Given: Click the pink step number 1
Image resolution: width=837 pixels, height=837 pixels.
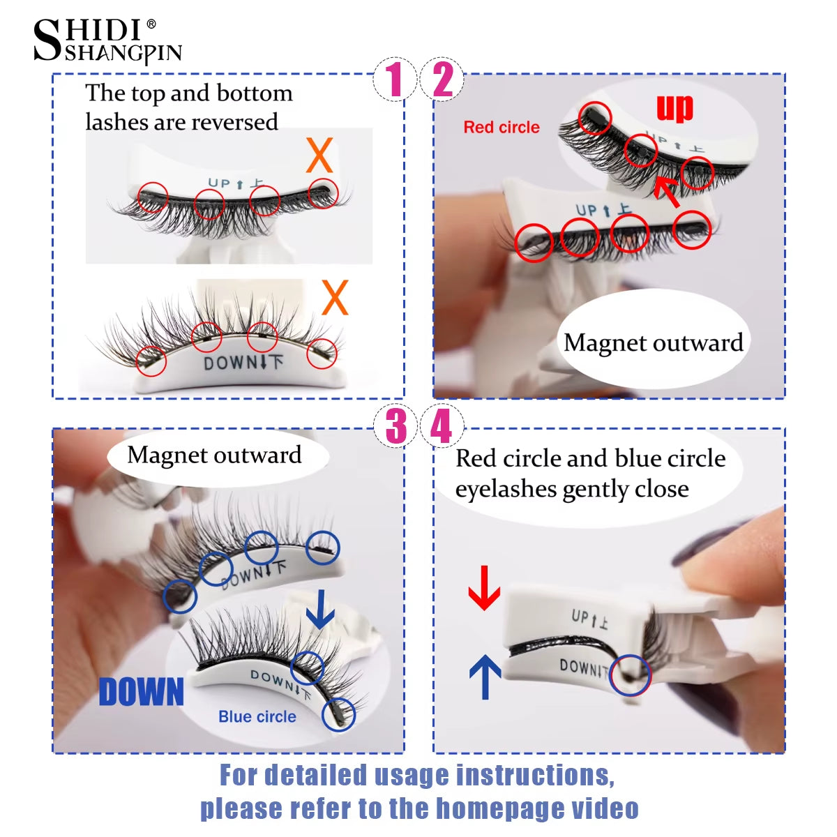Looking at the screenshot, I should point(395,79).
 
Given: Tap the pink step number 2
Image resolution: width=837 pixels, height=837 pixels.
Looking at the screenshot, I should point(443,79).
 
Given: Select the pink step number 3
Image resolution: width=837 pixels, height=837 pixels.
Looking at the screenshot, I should point(395,426).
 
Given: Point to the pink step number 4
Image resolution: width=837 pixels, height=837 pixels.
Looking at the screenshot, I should point(442,426).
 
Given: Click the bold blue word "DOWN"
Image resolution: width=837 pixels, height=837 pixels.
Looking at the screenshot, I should point(142,693).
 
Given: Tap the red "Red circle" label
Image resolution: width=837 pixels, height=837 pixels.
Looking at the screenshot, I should point(502,128).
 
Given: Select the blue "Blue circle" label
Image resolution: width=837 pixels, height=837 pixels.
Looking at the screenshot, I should point(257,717).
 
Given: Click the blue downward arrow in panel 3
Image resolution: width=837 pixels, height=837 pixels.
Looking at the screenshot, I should point(320,610).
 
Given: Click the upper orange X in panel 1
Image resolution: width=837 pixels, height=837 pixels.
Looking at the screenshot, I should point(320,156).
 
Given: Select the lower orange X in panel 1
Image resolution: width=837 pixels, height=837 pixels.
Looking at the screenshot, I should point(335,299).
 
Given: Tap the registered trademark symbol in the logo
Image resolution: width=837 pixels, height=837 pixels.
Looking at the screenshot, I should point(151,25).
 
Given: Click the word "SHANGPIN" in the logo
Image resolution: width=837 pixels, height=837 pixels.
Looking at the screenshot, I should point(123,54).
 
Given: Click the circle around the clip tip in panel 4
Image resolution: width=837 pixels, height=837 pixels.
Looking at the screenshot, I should point(630,675).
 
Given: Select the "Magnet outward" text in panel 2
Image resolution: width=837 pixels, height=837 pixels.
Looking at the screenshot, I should point(654,343).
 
